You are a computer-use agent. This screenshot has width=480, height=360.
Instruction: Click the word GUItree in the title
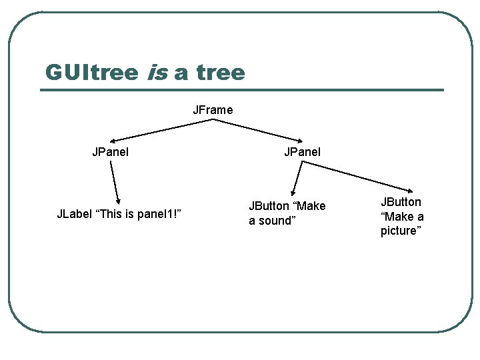(91, 73)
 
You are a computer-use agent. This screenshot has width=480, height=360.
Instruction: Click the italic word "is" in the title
(157, 73)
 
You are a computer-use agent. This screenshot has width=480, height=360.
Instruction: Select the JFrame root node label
(213, 110)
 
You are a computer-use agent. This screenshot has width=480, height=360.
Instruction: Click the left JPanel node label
(111, 152)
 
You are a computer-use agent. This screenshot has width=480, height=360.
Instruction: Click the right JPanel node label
(302, 152)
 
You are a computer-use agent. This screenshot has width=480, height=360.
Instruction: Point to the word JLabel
(74, 214)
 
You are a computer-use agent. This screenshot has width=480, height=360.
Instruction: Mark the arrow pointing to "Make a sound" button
(297, 179)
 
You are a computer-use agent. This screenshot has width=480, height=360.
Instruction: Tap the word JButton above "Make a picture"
(401, 202)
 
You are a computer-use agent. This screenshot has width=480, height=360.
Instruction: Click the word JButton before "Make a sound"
(269, 207)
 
